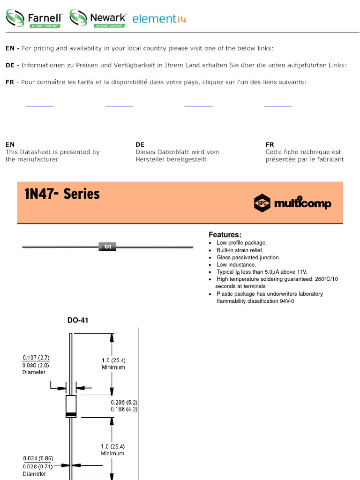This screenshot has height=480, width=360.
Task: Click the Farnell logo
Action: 34,18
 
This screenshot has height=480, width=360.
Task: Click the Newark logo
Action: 98,18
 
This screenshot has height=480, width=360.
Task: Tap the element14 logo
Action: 159,19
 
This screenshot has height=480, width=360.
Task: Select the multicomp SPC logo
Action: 292,203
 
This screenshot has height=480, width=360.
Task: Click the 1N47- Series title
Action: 62,194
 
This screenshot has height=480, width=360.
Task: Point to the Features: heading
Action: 225,234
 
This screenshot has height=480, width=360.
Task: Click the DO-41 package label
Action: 78,321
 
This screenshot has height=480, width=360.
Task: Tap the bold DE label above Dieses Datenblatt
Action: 140,144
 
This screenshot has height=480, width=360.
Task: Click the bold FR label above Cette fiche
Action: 270,144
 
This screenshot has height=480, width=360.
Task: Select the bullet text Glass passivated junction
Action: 248,257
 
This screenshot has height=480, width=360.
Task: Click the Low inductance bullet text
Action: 236,265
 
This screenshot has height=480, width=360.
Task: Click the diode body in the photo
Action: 107,247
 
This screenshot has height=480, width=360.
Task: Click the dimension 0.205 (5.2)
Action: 124,402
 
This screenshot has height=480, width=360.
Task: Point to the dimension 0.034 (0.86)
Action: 37,458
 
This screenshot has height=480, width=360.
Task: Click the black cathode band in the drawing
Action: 71,414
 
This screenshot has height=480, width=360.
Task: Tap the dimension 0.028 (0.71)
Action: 37,466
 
